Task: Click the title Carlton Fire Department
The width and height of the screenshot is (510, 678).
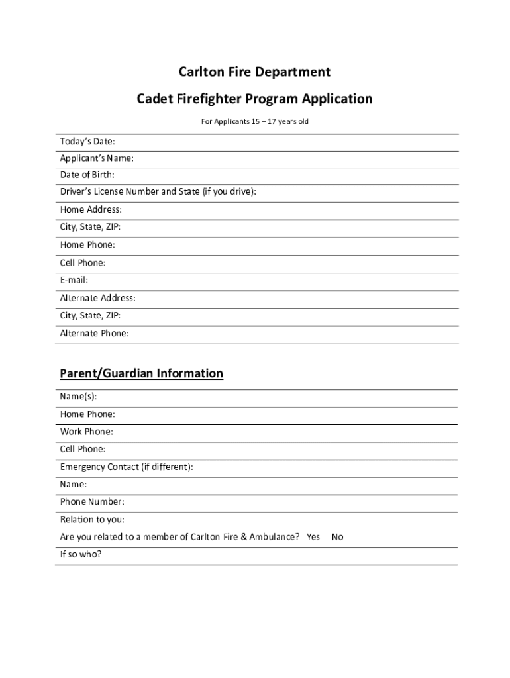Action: pyautogui.click(x=254, y=72)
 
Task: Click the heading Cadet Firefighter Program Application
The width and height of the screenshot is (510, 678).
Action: pyautogui.click(x=254, y=99)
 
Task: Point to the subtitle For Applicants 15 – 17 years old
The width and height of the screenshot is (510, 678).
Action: pyautogui.click(x=254, y=122)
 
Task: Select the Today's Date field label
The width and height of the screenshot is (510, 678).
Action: pyautogui.click(x=87, y=142)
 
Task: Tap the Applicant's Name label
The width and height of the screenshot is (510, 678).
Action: pyautogui.click(x=97, y=158)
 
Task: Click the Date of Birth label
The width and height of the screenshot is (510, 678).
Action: pyautogui.click(x=87, y=175)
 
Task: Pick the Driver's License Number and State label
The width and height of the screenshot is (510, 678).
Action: pyautogui.click(x=158, y=192)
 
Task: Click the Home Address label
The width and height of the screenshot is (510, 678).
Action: pyautogui.click(x=91, y=210)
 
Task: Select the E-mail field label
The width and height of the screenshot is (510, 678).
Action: pyautogui.click(x=74, y=281)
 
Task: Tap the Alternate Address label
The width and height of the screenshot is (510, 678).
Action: pyautogui.click(x=97, y=299)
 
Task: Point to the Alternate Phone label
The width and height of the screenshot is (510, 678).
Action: pyautogui.click(x=94, y=334)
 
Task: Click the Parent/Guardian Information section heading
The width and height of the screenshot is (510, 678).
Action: pyautogui.click(x=141, y=374)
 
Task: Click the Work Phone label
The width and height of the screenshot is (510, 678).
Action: pyautogui.click(x=86, y=432)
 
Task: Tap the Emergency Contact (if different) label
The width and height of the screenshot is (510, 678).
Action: pyautogui.click(x=127, y=467)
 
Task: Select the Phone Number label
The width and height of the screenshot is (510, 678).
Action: pyautogui.click(x=92, y=502)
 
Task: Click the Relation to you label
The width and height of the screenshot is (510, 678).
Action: pyautogui.click(x=92, y=520)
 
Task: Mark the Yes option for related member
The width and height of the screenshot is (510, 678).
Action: pyautogui.click(x=313, y=537)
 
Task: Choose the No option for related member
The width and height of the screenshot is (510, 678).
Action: pyautogui.click(x=337, y=537)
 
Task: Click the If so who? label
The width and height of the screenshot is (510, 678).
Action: pyautogui.click(x=81, y=554)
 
